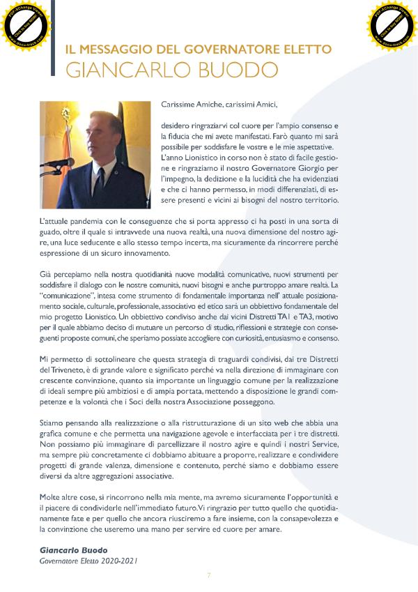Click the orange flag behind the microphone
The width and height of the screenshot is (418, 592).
pyautogui.click(x=52, y=139)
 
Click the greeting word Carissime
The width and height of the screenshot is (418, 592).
pyautogui.click(x=178, y=105)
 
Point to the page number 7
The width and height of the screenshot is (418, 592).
pyautogui.click(x=209, y=575)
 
